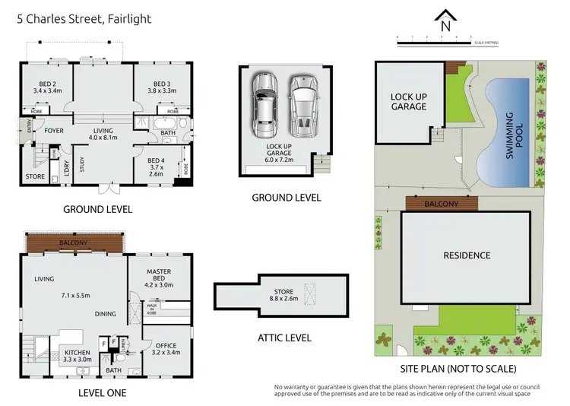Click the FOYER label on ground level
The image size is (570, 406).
pos(53,131)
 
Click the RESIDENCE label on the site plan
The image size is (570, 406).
pos(466,255)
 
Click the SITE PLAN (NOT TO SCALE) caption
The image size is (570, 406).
pos(458,369)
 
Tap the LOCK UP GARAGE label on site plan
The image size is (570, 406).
pos(408,102)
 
